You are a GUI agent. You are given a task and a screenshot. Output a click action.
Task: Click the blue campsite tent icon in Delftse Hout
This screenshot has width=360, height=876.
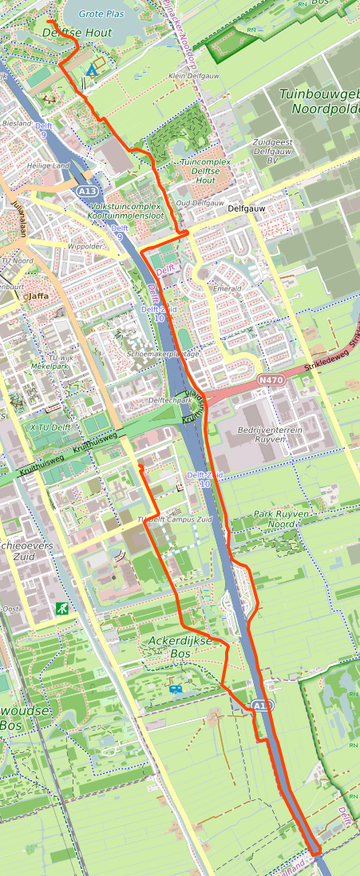click(92, 71)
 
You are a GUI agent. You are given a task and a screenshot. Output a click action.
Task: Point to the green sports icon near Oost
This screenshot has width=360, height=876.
click(61, 608)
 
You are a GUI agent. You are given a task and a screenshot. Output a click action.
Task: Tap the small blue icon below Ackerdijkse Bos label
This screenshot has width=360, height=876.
click(175, 688)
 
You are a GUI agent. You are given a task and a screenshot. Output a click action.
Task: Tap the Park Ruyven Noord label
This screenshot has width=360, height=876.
click(279, 519)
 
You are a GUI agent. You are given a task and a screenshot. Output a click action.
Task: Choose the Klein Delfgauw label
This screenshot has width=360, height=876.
click(188, 76)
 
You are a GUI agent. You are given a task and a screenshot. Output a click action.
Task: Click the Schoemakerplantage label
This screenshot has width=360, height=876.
click(163, 354)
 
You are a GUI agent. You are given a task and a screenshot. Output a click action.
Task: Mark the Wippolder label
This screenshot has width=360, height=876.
click(85, 247)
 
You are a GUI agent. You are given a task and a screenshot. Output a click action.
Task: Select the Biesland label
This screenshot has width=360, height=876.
click(17, 124)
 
